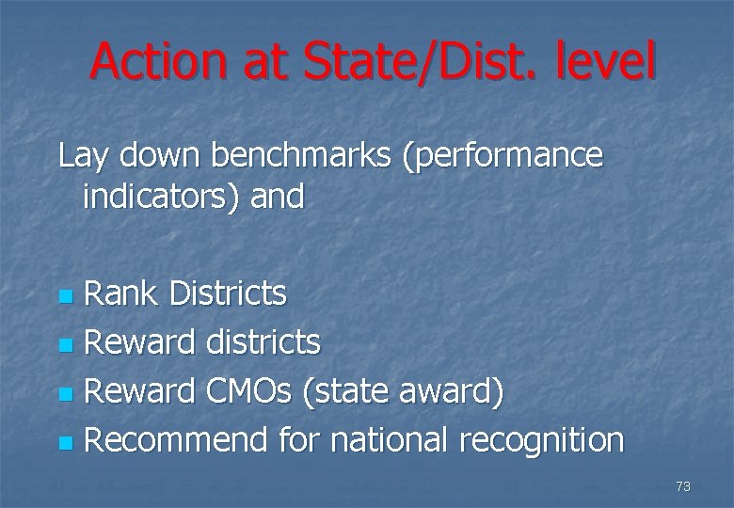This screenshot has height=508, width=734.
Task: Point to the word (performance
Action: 502,155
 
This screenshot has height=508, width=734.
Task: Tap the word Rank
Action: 120,294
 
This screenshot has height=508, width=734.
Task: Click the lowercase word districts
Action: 261,342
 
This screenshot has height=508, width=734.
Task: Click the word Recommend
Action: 177,440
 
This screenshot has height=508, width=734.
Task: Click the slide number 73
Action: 683,486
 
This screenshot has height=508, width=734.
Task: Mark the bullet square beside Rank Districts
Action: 64,297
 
